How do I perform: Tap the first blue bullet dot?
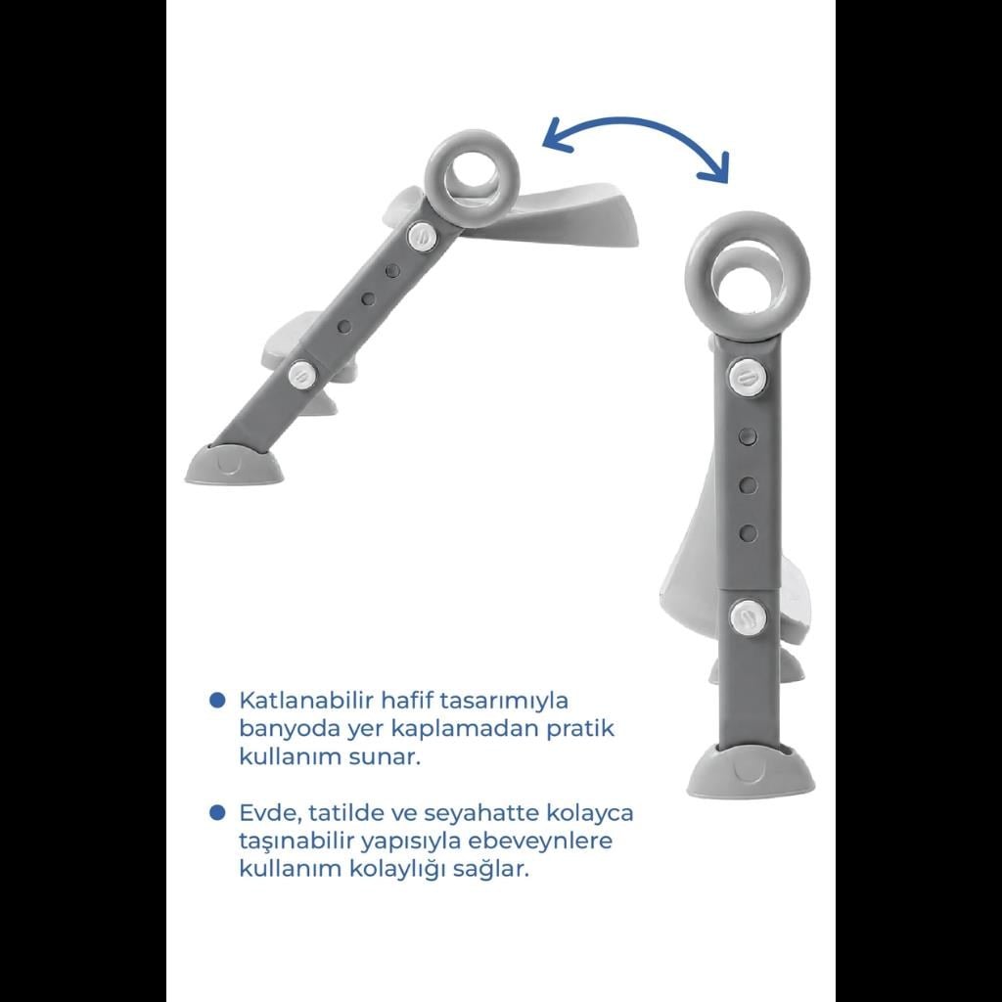pos(218,700)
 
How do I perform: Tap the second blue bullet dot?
pos(218,812)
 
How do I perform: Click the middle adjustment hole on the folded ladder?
pos(749,485)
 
